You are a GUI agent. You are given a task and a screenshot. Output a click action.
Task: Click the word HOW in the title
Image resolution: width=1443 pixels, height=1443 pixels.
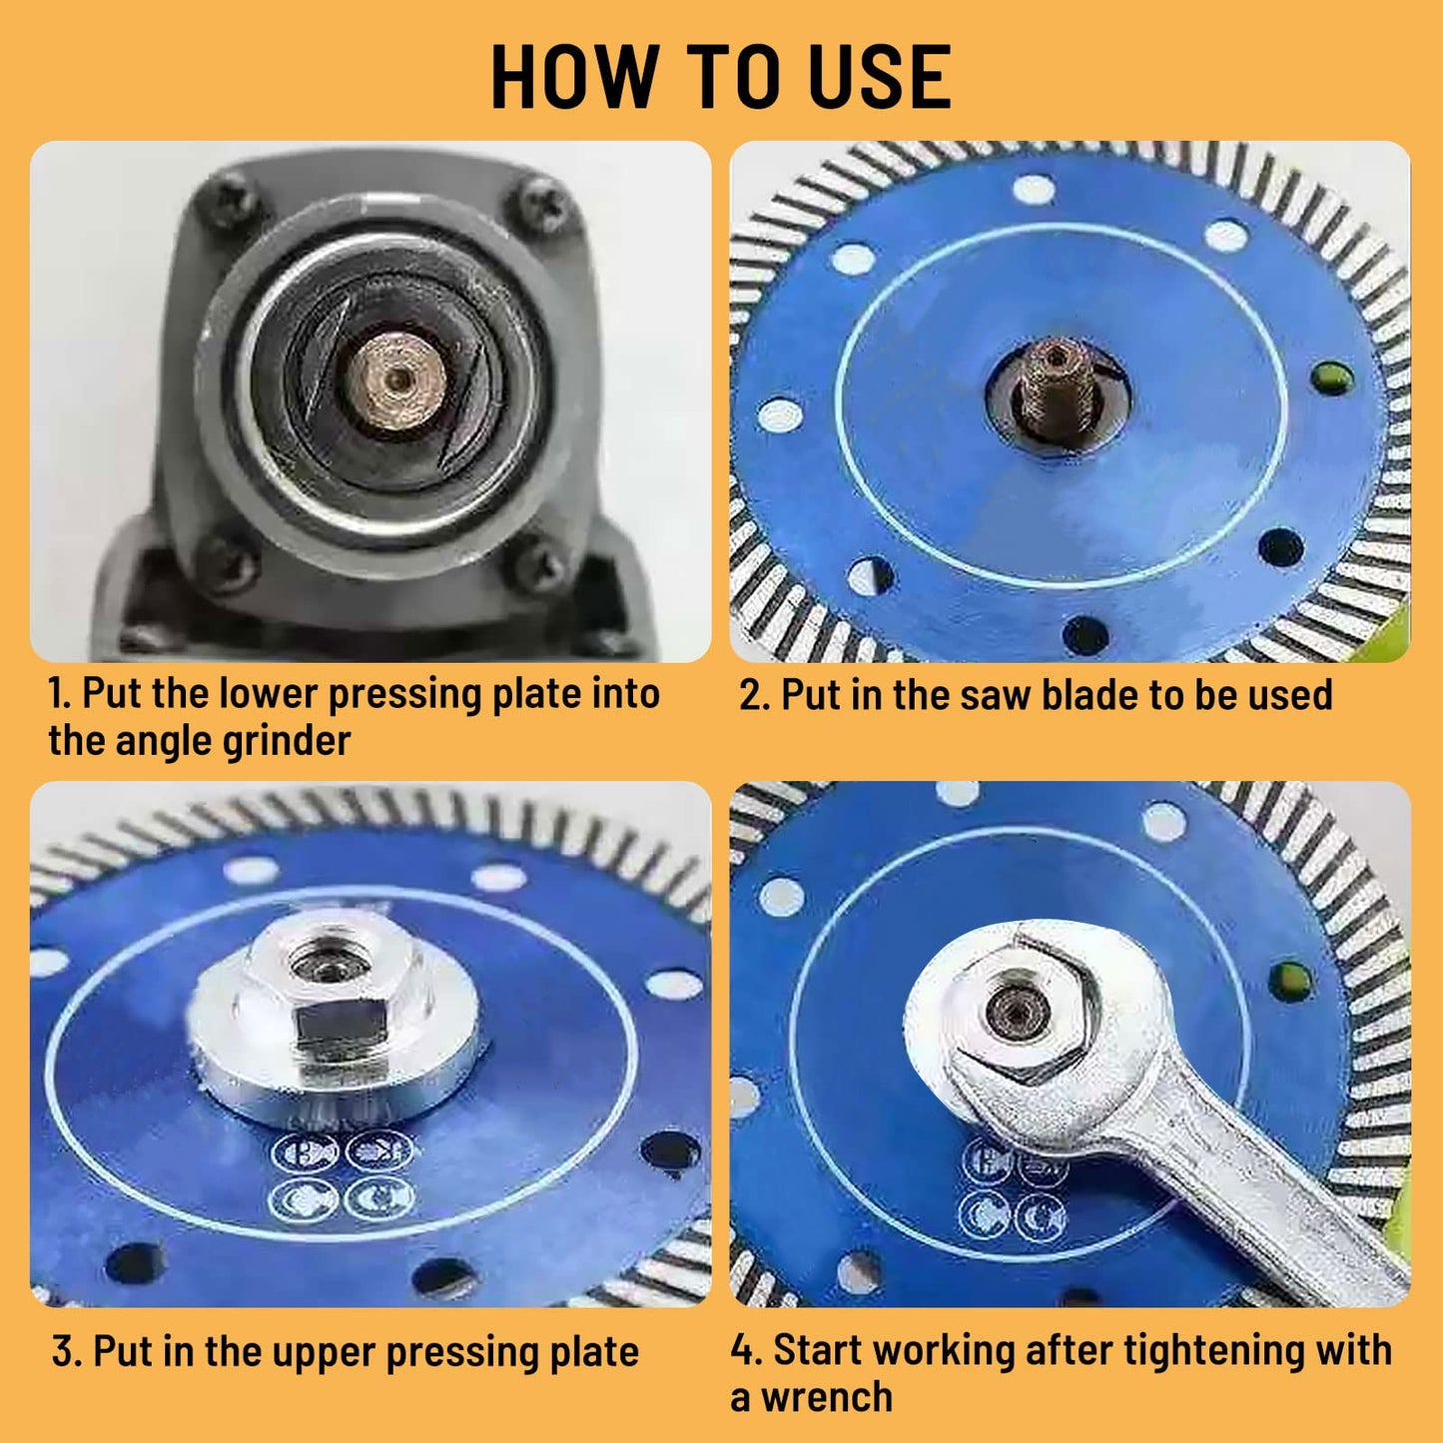click(x=574, y=78)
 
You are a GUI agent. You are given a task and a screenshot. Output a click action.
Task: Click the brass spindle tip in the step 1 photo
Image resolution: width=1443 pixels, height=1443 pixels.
click(x=398, y=378)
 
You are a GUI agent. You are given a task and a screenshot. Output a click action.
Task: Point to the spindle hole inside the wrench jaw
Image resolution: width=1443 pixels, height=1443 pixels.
click(x=1018, y=1010)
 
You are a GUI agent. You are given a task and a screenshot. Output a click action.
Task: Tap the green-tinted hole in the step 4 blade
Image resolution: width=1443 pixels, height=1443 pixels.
click(x=1291, y=981)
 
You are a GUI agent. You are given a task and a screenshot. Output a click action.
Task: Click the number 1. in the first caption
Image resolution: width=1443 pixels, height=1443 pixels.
click(x=60, y=693)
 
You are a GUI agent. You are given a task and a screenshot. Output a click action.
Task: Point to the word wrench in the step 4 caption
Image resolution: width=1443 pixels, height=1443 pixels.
click(x=827, y=1397)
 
